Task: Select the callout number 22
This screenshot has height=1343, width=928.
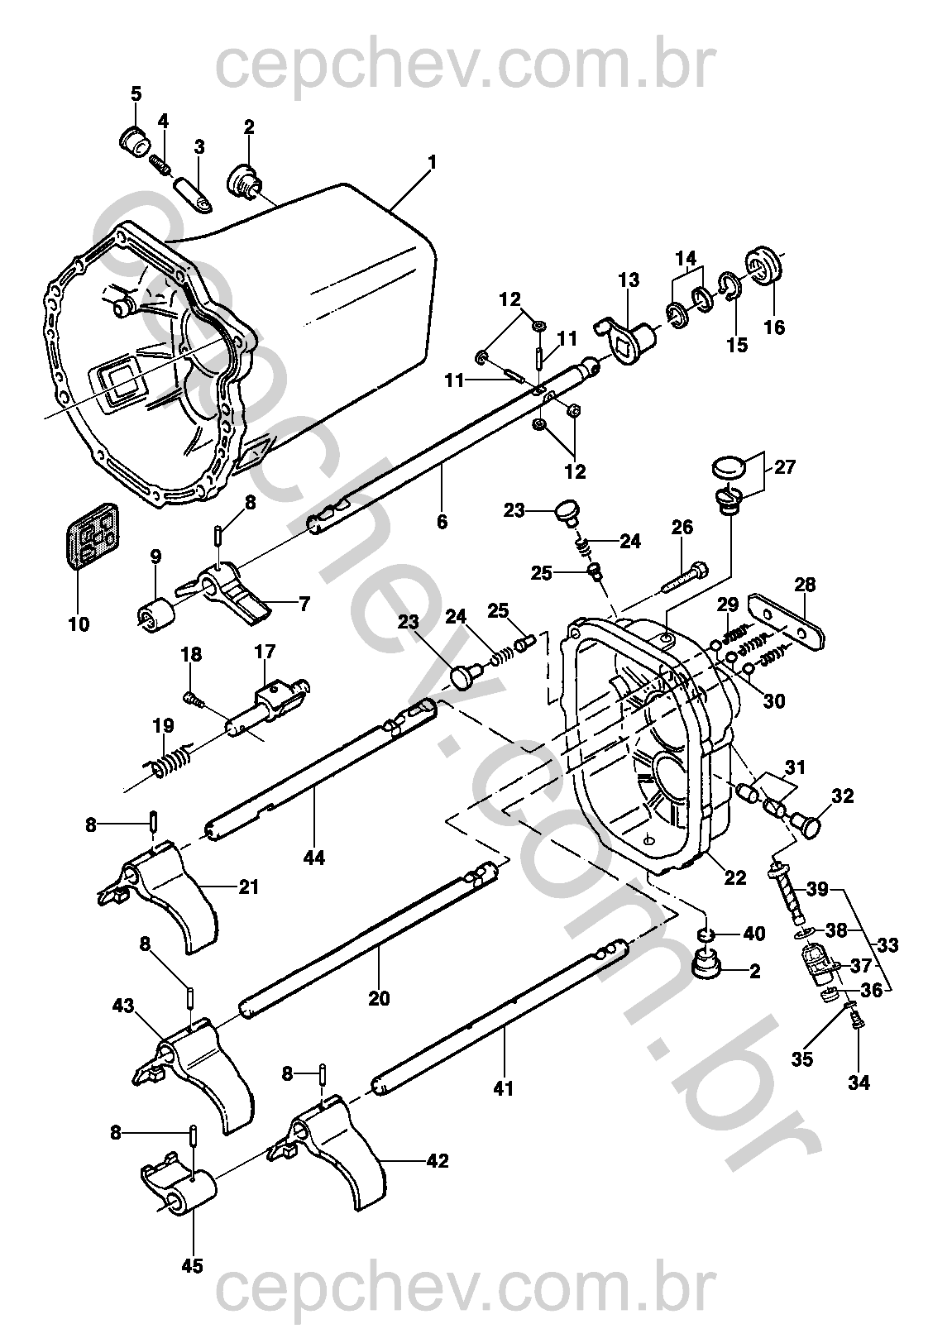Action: pyautogui.click(x=734, y=877)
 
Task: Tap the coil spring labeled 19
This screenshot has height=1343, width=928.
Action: pyautogui.click(x=170, y=762)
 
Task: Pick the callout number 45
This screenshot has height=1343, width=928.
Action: pyautogui.click(x=193, y=1265)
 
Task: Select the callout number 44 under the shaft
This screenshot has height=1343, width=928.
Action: pyautogui.click(x=313, y=858)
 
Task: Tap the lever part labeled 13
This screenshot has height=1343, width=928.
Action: pyautogui.click(x=625, y=331)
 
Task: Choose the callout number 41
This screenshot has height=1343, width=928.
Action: pyautogui.click(x=503, y=1089)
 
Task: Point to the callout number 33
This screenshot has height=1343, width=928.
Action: pyautogui.click(x=890, y=944)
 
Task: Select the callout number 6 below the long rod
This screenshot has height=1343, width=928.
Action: pyautogui.click(x=442, y=522)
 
